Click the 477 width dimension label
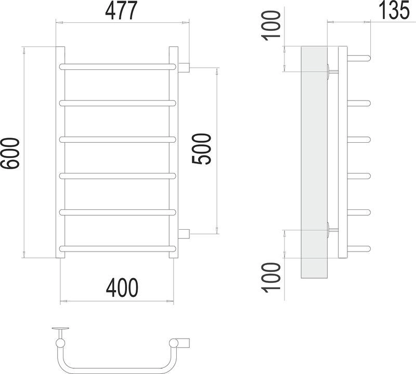coord(121,10)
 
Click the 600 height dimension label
coord(10,153)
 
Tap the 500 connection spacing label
coord(202,149)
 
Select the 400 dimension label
coord(122,288)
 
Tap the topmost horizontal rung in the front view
coord(118,67)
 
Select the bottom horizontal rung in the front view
coord(118,249)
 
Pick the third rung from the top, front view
coord(118,140)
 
